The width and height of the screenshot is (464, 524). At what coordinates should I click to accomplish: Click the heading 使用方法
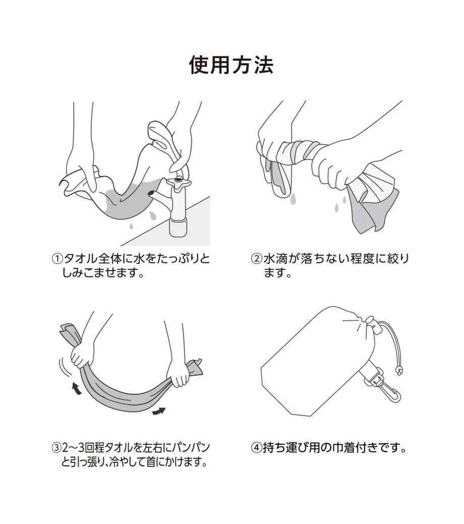231,64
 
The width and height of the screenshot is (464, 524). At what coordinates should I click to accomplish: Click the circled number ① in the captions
57,258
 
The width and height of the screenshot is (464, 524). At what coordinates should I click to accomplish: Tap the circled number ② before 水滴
257,258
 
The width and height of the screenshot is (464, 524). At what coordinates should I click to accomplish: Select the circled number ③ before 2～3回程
56,447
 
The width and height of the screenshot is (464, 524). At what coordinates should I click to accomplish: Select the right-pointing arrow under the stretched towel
159,411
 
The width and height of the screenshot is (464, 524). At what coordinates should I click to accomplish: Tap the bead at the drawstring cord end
398,371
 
